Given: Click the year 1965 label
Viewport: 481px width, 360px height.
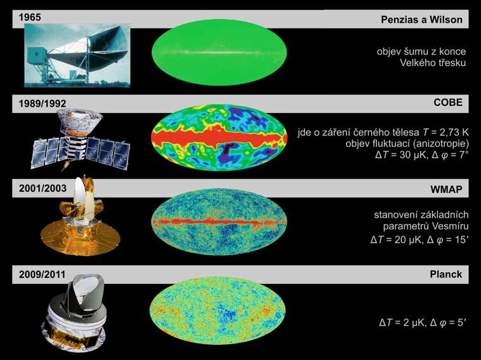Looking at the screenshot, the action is point(30,17).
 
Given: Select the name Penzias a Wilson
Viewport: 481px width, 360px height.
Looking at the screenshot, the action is point(421,20).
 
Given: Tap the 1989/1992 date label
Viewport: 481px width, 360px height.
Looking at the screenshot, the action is point(43,103).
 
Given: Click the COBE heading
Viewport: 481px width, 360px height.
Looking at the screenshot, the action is point(448,102).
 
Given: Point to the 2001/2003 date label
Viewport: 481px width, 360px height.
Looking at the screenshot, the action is point(43,188).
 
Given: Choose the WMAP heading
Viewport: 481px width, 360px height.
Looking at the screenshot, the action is point(446,189).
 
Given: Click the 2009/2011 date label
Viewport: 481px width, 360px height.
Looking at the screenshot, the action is point(43,274).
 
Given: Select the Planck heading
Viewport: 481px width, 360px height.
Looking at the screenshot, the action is point(445,274).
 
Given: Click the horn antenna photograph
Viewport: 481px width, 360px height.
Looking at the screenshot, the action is point(77,55).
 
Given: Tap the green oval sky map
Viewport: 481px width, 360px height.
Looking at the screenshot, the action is point(220,52).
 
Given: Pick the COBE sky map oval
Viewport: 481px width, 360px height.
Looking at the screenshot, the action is point(220,138).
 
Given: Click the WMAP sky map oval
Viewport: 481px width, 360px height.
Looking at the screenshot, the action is point(219,222).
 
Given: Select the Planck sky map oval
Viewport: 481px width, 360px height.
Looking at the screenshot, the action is point(218,310).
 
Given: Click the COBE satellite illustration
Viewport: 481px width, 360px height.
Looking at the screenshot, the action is point(81,140).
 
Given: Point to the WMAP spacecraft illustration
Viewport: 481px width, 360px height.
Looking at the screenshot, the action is point(81,217).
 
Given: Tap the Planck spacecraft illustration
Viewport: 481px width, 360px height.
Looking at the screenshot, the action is point(74,313).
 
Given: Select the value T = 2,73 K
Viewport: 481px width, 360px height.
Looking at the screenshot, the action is point(445,132).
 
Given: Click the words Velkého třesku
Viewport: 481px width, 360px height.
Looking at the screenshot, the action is point(433,63).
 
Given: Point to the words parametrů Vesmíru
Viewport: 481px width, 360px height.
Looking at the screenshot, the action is point(426,226).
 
